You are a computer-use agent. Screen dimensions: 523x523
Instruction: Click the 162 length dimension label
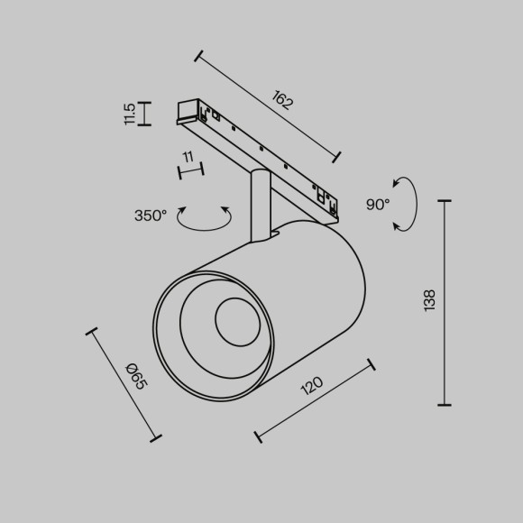click(x=281, y=100)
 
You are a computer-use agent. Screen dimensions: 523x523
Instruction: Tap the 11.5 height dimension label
click(x=130, y=113)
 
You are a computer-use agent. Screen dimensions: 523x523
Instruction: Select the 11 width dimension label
click(x=188, y=157)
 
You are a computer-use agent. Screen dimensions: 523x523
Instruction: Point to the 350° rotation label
click(x=151, y=216)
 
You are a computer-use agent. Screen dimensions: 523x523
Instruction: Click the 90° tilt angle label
click(x=378, y=205)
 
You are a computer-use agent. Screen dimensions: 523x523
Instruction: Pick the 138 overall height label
click(x=429, y=299)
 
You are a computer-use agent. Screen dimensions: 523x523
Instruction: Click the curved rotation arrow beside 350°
click(x=203, y=219)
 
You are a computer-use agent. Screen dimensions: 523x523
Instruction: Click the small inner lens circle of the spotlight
click(x=235, y=319)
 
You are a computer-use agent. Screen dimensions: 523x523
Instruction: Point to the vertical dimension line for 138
click(x=444, y=303)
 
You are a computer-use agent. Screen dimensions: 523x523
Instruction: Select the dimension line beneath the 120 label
click(x=315, y=401)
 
